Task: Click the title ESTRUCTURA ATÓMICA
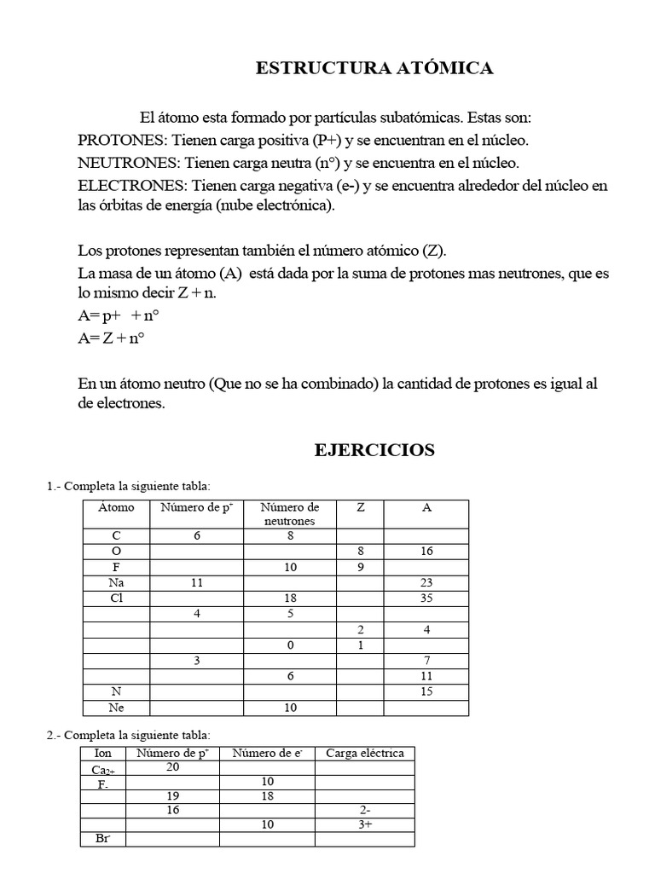[x=374, y=69]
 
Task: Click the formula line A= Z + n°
[x=111, y=338]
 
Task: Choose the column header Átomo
[x=116, y=507]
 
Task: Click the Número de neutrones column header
[x=290, y=514]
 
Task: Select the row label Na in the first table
[x=116, y=582]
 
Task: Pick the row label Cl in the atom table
[x=116, y=598]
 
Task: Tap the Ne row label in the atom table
[x=116, y=708]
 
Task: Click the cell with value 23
[x=426, y=582]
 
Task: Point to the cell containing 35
[x=426, y=598]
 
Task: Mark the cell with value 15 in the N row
[x=426, y=691]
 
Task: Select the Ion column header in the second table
[x=102, y=753]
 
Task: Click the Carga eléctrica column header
[x=364, y=753]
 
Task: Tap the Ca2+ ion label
[x=103, y=770]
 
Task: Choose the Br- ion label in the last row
[x=102, y=840]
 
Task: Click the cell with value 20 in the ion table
[x=172, y=767]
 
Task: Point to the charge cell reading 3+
[x=364, y=824]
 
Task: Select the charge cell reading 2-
[x=364, y=810]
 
